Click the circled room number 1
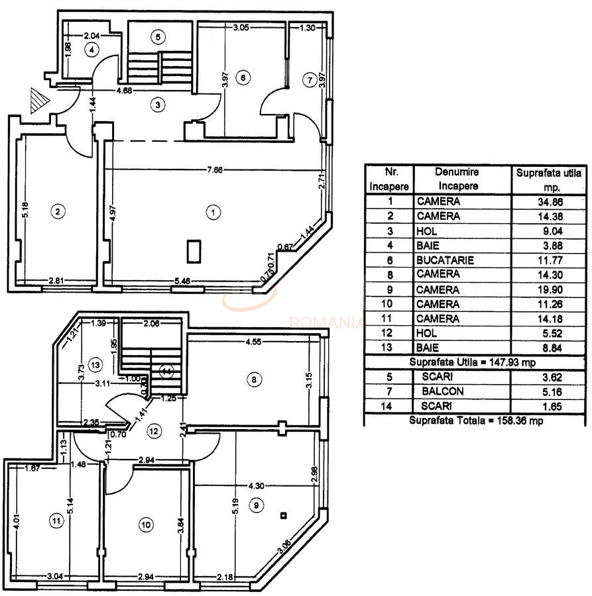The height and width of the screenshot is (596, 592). [213, 213]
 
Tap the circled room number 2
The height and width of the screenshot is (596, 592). [58, 212]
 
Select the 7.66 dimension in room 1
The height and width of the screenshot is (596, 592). [214, 170]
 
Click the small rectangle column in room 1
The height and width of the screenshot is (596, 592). [194, 251]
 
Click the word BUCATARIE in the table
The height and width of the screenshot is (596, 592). [445, 260]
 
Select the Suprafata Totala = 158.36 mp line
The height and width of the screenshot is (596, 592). [475, 420]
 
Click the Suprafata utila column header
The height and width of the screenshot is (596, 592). [548, 179]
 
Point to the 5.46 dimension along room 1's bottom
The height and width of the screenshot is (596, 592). [180, 281]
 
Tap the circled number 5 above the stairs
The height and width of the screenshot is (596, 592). [157, 37]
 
